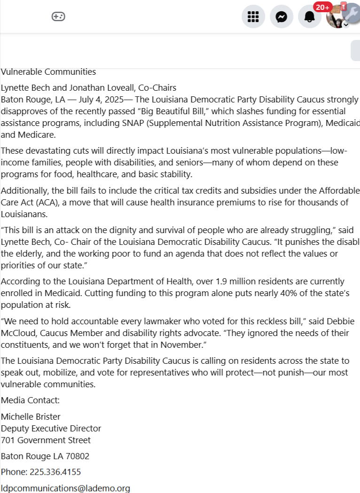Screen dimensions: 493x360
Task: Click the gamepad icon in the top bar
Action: [58, 17]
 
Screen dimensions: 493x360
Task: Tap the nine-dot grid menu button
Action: [253, 17]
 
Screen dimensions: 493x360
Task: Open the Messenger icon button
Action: [282, 17]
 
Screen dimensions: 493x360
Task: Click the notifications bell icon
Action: [310, 17]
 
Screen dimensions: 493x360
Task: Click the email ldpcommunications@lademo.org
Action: [65, 488]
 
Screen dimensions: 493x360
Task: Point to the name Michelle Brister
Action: [31, 416]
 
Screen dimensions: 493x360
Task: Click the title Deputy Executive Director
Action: [51, 428]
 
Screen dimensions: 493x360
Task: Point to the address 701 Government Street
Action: [46, 440]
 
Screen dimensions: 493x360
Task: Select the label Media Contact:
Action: [31, 400]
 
